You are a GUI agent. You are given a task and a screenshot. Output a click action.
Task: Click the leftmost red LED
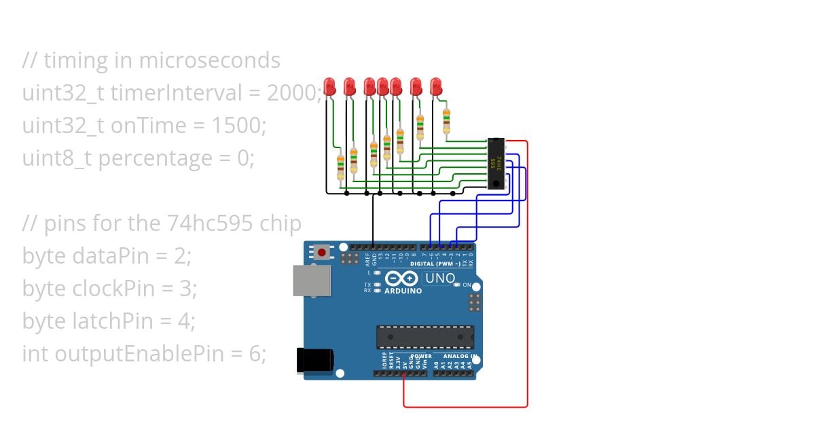[x=330, y=86]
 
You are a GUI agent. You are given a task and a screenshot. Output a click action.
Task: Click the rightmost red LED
[x=436, y=86]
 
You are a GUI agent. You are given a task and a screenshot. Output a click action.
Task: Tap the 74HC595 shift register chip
[x=497, y=163]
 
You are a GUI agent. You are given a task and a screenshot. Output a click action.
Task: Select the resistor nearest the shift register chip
[x=446, y=120]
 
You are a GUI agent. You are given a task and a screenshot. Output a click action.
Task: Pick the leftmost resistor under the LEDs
[x=341, y=166]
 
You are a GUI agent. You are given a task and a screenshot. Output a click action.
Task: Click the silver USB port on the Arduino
[x=311, y=280]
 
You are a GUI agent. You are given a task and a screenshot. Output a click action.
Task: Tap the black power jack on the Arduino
[x=314, y=360]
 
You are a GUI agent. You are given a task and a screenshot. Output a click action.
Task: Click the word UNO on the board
[x=439, y=278]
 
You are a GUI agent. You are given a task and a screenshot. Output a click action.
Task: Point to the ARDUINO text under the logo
[x=403, y=291]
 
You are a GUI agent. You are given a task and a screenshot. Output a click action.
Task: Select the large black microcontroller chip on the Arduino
[x=425, y=336]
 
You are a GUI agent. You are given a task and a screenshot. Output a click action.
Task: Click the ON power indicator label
[x=467, y=285]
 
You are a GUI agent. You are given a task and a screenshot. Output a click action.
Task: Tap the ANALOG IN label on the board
[x=460, y=356]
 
